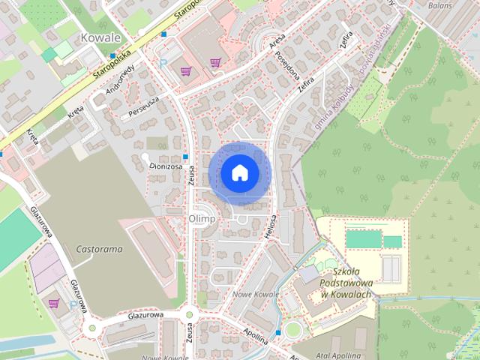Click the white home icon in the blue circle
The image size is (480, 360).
238,172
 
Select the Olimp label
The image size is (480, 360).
202,218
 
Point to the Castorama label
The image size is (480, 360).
99,247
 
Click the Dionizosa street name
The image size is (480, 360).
165,167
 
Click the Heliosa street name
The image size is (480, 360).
271,223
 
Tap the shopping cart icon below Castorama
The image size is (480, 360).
53,303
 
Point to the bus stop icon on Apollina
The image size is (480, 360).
278,331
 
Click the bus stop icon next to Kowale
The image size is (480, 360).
112,55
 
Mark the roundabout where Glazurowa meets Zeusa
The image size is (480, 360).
188,316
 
